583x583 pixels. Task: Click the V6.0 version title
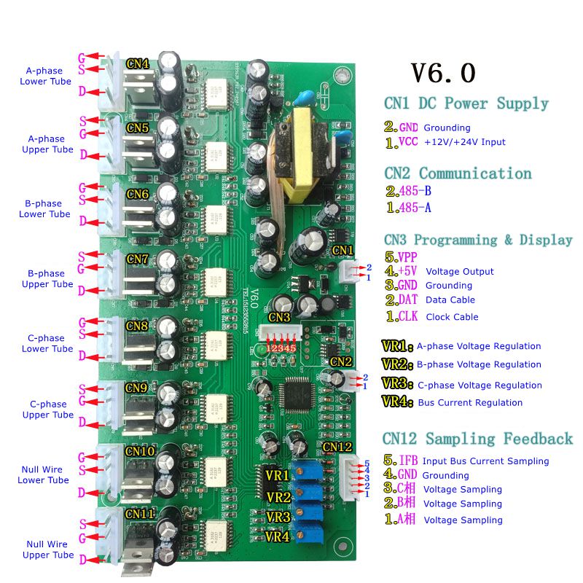click(x=443, y=73)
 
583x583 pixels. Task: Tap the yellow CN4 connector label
click(x=138, y=64)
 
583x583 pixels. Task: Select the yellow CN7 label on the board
click(x=138, y=259)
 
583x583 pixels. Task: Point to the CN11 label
click(x=140, y=514)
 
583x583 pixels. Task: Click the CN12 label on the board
click(x=337, y=447)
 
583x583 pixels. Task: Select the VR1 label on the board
click(x=278, y=476)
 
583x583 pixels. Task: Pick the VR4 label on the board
click(x=278, y=537)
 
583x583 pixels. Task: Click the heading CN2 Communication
click(x=458, y=173)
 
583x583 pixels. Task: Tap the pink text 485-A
click(x=416, y=208)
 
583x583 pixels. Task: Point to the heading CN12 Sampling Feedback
click(x=477, y=439)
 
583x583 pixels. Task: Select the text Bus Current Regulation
click(x=470, y=402)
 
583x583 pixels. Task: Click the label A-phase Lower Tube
click(x=45, y=76)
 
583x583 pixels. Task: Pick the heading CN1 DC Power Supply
click(x=466, y=103)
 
